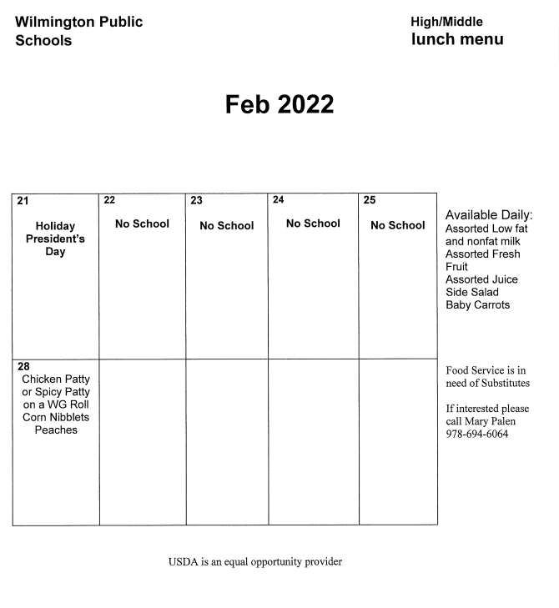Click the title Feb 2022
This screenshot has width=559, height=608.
[x=279, y=104]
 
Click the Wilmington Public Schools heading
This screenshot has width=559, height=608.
[x=78, y=31]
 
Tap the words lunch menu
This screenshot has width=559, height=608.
[x=457, y=39]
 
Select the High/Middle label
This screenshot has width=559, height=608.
[x=446, y=22]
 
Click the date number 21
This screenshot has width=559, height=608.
[x=23, y=201]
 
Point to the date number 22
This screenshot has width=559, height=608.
[x=109, y=200]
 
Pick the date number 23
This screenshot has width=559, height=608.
[x=196, y=200]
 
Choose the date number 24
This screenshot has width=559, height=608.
[x=279, y=199]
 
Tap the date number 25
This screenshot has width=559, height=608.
[x=370, y=199]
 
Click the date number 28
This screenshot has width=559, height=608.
[x=23, y=366]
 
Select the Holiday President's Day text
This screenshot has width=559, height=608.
[x=55, y=239]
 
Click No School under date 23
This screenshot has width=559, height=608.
[x=226, y=225]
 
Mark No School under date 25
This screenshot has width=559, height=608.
[x=397, y=225]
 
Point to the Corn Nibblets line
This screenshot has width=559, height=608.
[x=56, y=417]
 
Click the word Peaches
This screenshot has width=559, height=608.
[x=56, y=430]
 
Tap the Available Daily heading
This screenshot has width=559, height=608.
[x=488, y=215]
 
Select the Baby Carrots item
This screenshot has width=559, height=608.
[x=477, y=305]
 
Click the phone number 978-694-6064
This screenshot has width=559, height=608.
[x=476, y=434]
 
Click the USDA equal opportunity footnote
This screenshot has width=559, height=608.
[x=254, y=561]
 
